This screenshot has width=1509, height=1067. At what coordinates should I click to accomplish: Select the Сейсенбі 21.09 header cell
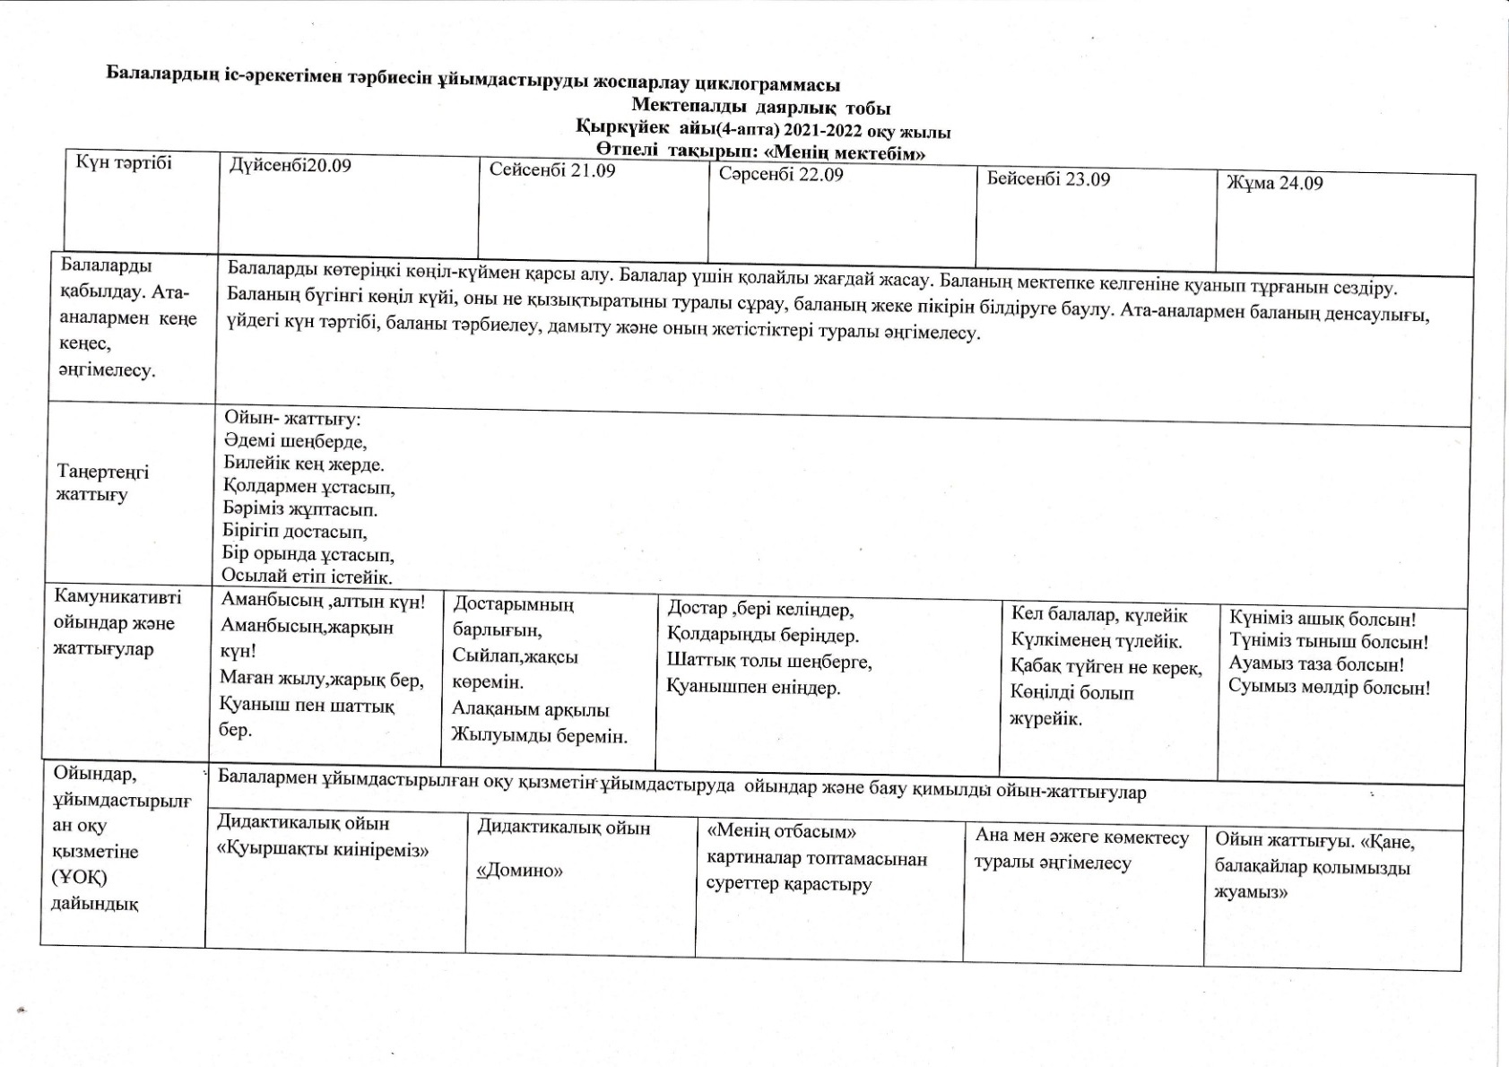552,170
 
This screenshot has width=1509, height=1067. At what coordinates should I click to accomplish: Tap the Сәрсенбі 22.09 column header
780,174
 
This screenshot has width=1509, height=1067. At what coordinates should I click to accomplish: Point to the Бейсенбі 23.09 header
1048,178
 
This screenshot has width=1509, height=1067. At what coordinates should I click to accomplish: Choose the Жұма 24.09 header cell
1274,183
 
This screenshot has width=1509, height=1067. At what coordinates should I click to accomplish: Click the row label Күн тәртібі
124,161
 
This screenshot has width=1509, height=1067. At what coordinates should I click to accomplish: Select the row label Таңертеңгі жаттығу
102,482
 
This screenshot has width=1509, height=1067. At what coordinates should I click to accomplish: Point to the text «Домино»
520,870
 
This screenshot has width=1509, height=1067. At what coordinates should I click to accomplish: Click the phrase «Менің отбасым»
782,832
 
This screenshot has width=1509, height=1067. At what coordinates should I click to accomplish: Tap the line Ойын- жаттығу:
292,419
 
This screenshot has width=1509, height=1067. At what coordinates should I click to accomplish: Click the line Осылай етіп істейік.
307,577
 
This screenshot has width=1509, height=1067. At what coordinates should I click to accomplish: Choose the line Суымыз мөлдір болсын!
1329,688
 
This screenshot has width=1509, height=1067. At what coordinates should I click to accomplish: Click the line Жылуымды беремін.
539,735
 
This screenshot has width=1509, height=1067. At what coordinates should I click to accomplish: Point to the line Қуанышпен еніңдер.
753,688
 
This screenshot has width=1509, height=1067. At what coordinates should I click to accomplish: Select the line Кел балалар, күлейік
1099,615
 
